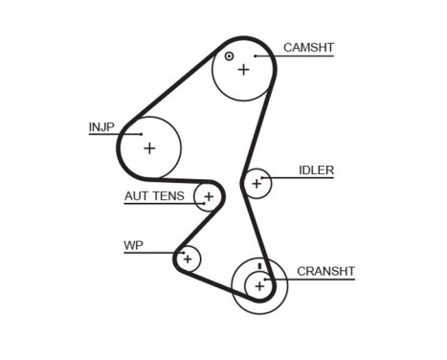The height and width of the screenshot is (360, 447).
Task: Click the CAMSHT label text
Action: [x=308, y=47]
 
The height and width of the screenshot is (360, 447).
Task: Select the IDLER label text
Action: [x=316, y=170]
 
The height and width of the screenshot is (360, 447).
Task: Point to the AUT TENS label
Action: [x=153, y=196]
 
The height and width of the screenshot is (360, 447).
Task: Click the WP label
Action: [x=132, y=245]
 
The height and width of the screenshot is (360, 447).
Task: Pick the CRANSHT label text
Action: [x=325, y=271]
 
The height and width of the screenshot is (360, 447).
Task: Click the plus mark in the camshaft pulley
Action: [x=243, y=69]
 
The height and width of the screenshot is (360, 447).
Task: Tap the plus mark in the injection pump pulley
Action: [x=148, y=147]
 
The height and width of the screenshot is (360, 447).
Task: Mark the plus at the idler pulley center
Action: [x=256, y=182]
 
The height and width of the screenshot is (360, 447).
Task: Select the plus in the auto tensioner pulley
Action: [x=207, y=197]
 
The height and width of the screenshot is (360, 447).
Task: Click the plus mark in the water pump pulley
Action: [x=188, y=258]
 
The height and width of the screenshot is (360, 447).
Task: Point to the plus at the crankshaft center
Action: [x=259, y=284]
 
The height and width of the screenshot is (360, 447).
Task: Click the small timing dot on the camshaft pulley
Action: [x=229, y=56]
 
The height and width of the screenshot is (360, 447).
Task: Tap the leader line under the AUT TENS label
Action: [x=163, y=204]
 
